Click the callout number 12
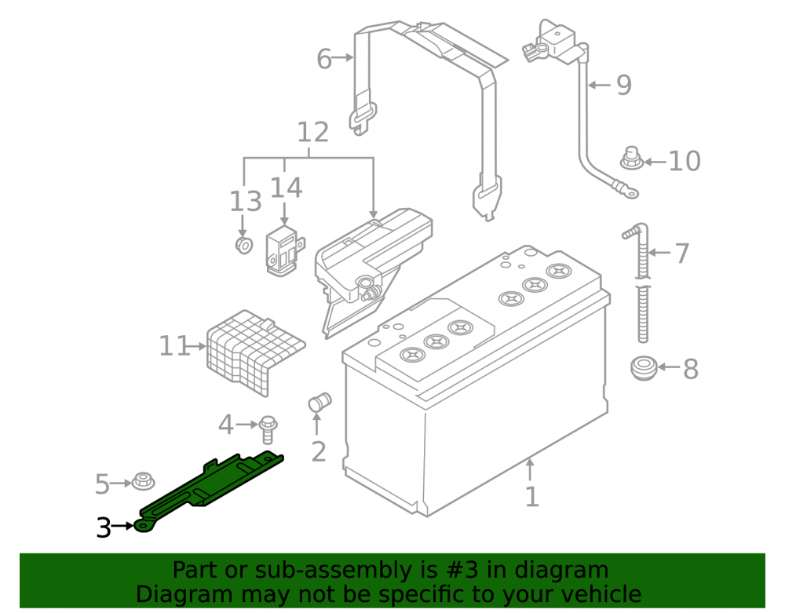[x=313, y=132]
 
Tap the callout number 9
[x=624, y=85]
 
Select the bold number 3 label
[x=104, y=527]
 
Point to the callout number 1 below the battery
[x=531, y=497]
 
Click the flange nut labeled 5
[x=143, y=481]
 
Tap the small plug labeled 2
[x=319, y=403]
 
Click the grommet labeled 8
[x=644, y=368]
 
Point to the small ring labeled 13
[x=244, y=245]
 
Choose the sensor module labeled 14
[x=284, y=251]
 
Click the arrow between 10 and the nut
[x=655, y=162]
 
